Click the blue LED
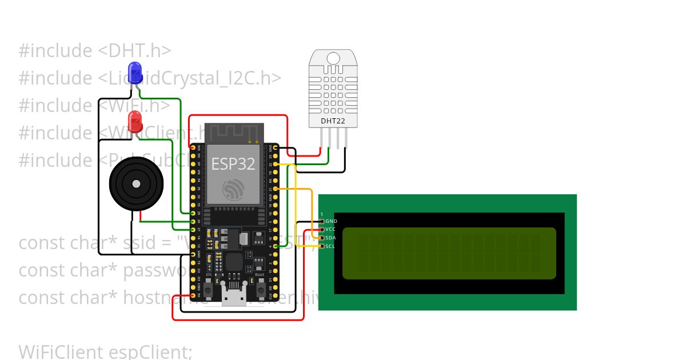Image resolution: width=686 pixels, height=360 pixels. [135, 72]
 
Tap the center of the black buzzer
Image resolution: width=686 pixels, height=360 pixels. [136, 184]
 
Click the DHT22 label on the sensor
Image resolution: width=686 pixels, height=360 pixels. [333, 121]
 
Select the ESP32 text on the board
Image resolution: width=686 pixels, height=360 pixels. [233, 164]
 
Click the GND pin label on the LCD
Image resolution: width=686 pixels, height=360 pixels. [331, 221]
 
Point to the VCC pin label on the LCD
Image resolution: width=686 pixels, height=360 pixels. [330, 229]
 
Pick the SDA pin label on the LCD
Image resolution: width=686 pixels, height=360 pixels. [330, 238]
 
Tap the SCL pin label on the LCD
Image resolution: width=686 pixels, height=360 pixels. [330, 246]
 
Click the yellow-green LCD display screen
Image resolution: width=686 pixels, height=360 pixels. [449, 253]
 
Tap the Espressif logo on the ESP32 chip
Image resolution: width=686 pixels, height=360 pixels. [233, 190]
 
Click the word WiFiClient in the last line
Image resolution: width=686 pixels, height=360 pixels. [61, 351]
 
